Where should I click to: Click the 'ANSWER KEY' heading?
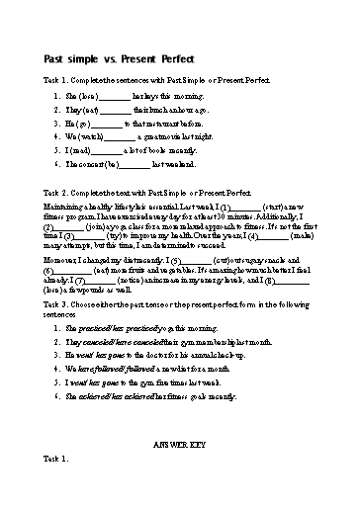coord(180,446)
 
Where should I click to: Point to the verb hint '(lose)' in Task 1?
coord(88,98)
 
